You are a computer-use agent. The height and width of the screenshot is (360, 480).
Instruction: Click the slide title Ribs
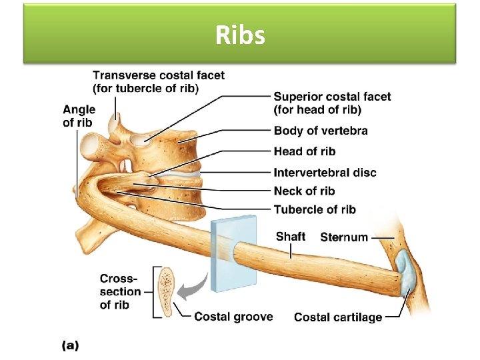coord(240,35)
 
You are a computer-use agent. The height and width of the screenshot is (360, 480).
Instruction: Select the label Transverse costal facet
coord(159,82)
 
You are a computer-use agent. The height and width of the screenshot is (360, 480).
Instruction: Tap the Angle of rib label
coord(79,115)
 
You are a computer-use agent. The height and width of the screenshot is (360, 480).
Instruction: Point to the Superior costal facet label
coord(332,103)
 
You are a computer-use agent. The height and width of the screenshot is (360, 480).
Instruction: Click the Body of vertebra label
coord(320,131)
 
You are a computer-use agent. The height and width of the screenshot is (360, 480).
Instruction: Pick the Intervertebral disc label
coord(325,173)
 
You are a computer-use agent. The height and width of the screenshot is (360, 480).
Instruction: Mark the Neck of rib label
coord(304,191)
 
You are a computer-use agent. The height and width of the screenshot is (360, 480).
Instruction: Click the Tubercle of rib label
coord(315,209)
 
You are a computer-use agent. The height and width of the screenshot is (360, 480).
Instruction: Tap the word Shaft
coord(291,237)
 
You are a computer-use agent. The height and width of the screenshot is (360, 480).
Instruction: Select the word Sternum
coord(344,237)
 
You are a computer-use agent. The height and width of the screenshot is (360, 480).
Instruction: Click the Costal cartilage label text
coord(338,317)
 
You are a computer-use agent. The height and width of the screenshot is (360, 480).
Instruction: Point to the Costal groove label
coord(233,316)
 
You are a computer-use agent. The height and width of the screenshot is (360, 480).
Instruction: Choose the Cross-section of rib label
coord(120,291)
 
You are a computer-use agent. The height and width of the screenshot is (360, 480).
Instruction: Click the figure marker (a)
coord(70,345)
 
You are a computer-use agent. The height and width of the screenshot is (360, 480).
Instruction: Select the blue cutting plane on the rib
coord(233,253)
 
